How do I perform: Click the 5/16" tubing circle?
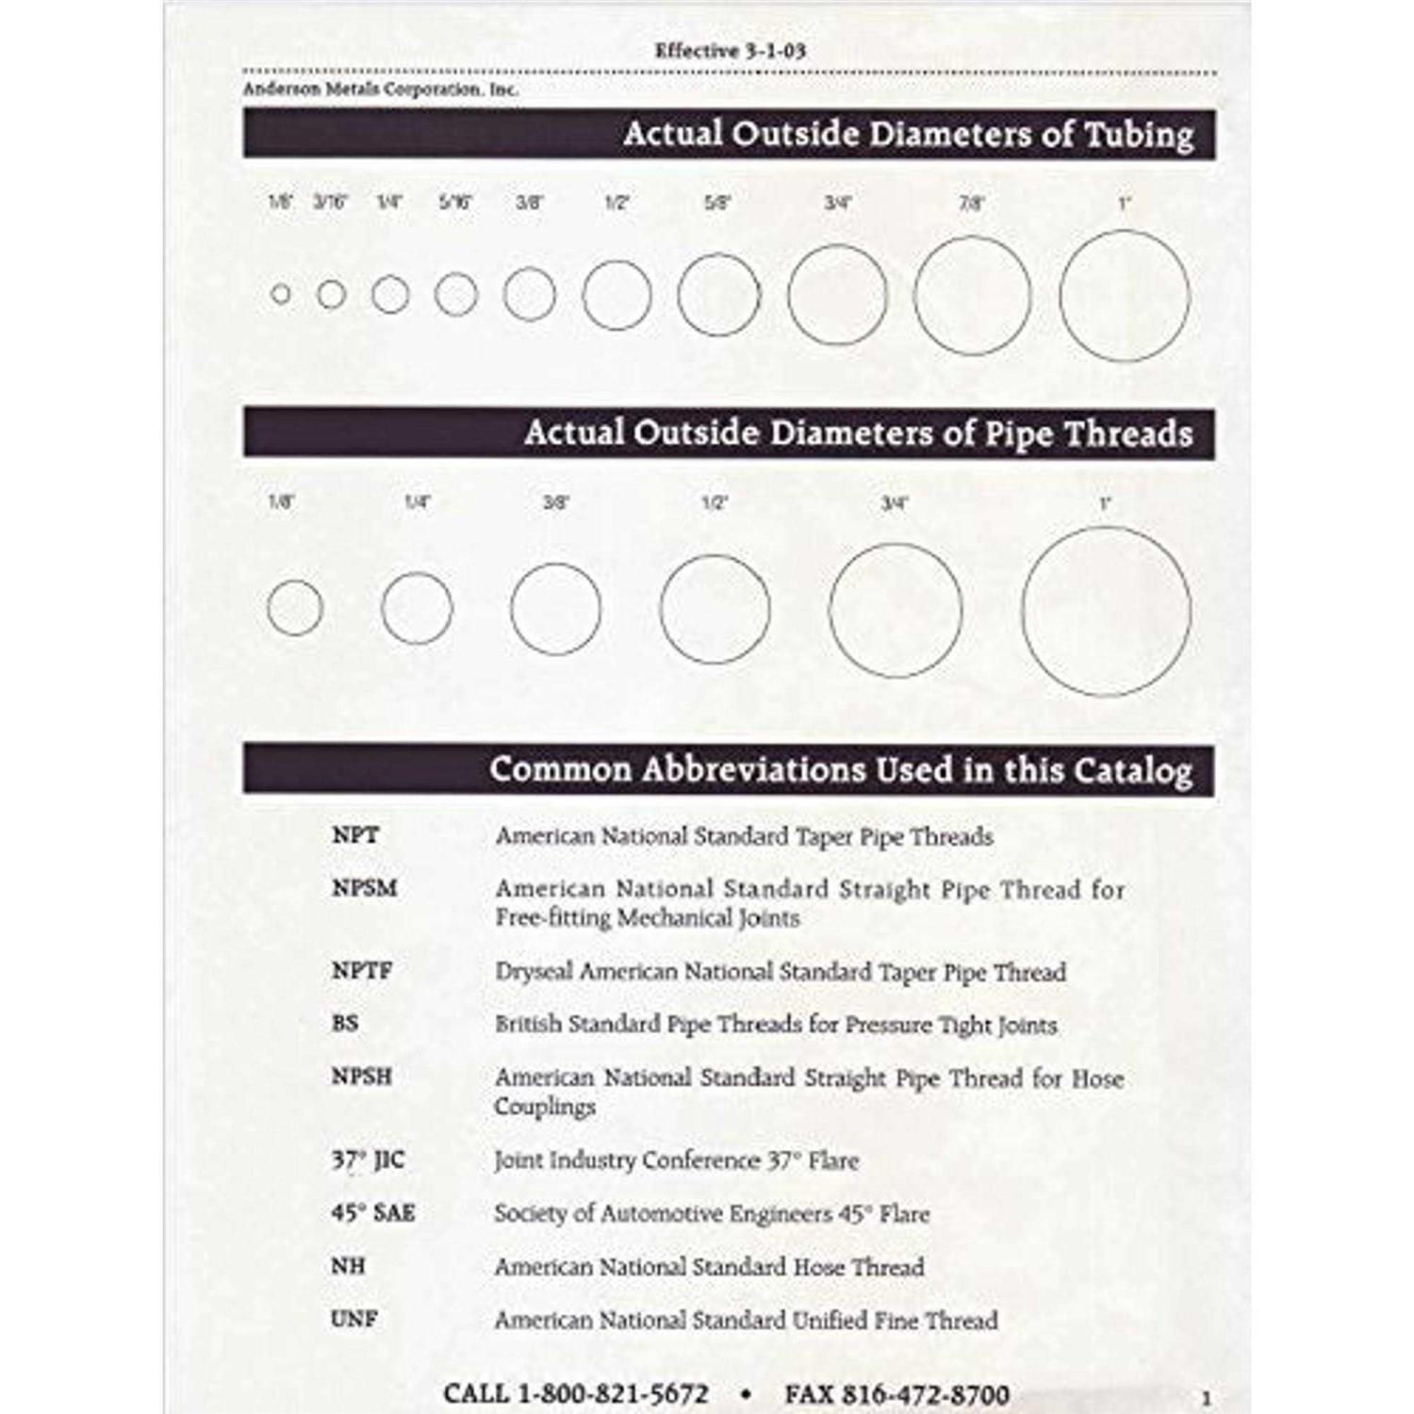(x=456, y=294)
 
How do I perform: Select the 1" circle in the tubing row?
(x=1125, y=295)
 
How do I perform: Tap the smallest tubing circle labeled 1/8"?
(x=280, y=294)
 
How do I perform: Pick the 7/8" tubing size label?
(x=971, y=203)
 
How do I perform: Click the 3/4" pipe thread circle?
(x=896, y=610)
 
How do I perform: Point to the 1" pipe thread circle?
(x=1106, y=611)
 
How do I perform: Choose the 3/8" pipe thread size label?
(x=556, y=502)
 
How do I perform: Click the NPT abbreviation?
(x=354, y=835)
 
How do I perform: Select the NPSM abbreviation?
(x=364, y=888)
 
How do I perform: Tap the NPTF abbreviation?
(x=361, y=970)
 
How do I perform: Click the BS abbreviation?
(x=345, y=1023)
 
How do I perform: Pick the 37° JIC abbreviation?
(x=368, y=1159)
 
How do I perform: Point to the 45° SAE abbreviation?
(x=372, y=1212)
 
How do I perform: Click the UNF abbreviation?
(x=353, y=1319)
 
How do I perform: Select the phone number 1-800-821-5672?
(x=613, y=1393)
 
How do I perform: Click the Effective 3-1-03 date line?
(x=730, y=51)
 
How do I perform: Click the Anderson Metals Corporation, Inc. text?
(x=380, y=90)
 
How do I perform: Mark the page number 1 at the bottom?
(x=1207, y=1399)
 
